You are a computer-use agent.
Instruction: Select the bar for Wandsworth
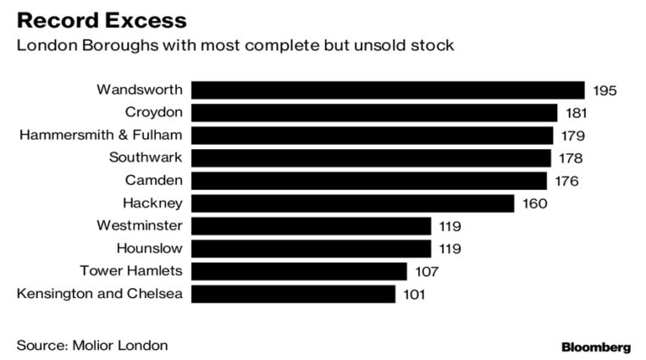coord(388,90)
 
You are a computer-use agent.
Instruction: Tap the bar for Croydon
coord(374,113)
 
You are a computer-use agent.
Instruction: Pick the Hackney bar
coord(353,203)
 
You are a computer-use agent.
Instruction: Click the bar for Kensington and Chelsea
coord(293,294)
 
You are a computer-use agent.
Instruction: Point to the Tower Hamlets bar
coord(299,271)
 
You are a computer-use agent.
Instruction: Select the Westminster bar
coord(312,226)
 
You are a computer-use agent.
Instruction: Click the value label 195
coord(605,91)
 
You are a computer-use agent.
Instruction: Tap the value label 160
coord(534,203)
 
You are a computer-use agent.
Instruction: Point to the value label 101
coord(415,294)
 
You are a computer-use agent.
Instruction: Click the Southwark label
coord(146,158)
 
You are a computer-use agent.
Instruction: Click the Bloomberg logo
coord(596,347)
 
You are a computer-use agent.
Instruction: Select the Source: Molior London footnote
coord(92,345)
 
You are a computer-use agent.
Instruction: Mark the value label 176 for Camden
coord(566,180)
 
